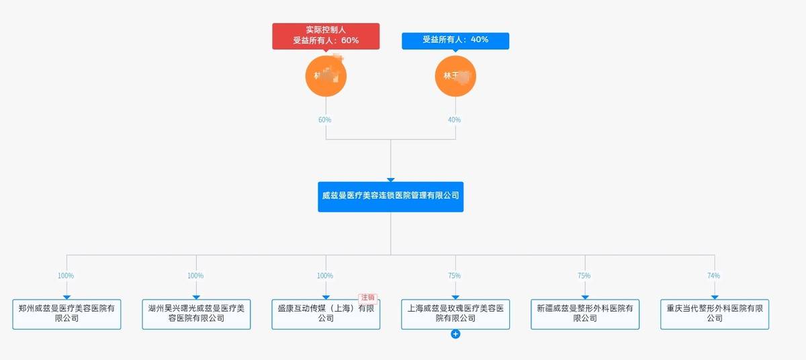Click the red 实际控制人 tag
click(x=326, y=36)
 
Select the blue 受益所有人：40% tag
click(x=455, y=40)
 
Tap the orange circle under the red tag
click(x=326, y=76)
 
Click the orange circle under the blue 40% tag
click(x=455, y=76)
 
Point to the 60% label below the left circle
click(x=325, y=120)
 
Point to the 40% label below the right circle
click(x=455, y=120)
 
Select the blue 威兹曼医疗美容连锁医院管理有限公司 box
click(x=390, y=196)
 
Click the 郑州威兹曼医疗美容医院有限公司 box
click(x=66, y=314)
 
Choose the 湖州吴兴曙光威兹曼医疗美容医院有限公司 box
click(x=196, y=314)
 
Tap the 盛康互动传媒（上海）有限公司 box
click(x=326, y=314)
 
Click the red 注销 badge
click(x=367, y=298)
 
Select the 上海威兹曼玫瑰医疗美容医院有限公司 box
click(x=455, y=314)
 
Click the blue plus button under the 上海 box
click(x=455, y=334)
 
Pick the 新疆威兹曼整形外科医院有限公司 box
click(x=585, y=314)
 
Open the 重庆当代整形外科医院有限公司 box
click(x=715, y=314)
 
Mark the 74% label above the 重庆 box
click(x=713, y=276)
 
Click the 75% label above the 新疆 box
click(x=584, y=276)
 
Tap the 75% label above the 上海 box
click(x=455, y=276)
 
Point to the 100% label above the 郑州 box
click(x=66, y=276)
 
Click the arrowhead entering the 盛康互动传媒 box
click(x=326, y=297)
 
